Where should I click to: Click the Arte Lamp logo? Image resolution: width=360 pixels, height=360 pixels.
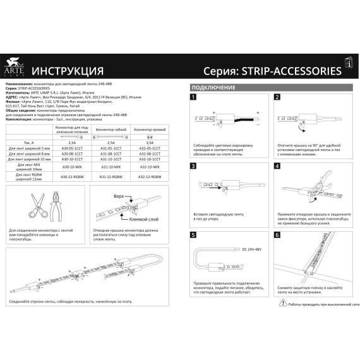click(x=13, y=65)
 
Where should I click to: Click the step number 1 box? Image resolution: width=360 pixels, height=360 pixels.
click(x=194, y=99)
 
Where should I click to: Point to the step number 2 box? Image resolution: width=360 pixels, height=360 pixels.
click(x=278, y=99)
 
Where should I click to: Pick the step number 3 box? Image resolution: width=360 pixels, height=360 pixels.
click(x=194, y=167)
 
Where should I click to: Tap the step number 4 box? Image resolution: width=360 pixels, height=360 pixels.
click(x=278, y=167)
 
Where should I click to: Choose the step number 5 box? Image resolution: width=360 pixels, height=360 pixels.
click(x=194, y=234)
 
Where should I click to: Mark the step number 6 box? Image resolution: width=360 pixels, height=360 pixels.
click(x=278, y=234)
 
